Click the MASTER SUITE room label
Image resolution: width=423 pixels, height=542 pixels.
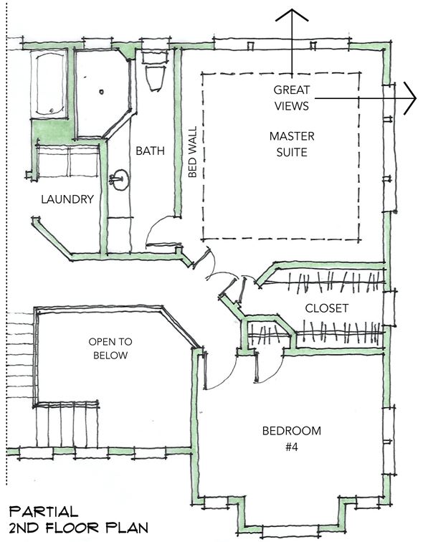pyautogui.click(x=292, y=144)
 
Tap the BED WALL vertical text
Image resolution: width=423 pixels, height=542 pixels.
pyautogui.click(x=192, y=151)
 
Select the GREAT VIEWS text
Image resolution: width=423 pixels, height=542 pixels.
pyautogui.click(x=291, y=98)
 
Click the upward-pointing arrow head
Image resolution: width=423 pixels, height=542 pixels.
pyautogui.click(x=292, y=15)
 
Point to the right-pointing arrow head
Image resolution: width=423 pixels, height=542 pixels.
pyautogui.click(x=410, y=98)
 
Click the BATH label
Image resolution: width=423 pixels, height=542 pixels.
pyautogui.click(x=150, y=151)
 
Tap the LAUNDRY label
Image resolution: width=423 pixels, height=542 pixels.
pyautogui.click(x=67, y=199)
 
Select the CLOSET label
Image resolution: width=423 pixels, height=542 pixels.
pyautogui.click(x=327, y=308)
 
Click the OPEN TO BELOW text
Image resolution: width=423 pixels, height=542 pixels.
pyautogui.click(x=110, y=348)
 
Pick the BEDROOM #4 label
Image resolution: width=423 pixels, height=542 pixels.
pyautogui.click(x=292, y=439)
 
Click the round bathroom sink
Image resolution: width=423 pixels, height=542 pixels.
pyautogui.click(x=120, y=179)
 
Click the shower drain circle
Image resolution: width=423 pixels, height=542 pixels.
pyautogui.click(x=101, y=92)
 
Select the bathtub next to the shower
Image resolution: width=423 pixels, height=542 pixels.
pyautogui.click(x=48, y=84)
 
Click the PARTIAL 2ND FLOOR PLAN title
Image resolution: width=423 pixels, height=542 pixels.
pyautogui.click(x=78, y=520)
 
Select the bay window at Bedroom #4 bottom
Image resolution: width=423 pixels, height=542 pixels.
pyautogui.click(x=291, y=518)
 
